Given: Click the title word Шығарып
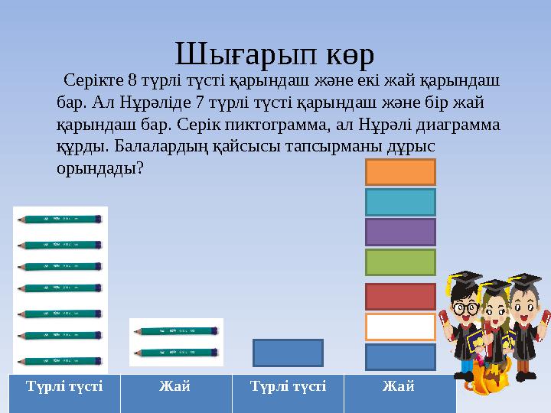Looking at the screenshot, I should [x=239, y=54].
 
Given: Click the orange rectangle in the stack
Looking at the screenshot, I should [x=400, y=172].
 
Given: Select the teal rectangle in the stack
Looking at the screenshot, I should [x=400, y=202].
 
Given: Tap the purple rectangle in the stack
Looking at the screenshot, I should [x=400, y=232].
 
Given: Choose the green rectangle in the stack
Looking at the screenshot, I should [x=400, y=262].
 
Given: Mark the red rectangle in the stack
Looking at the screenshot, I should [x=400, y=296].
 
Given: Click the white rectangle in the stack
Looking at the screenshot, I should [x=400, y=327].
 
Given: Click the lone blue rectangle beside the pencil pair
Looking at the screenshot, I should [x=288, y=353].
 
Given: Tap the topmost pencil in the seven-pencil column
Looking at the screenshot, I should [x=60, y=219].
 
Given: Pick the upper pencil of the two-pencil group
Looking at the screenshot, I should [x=177, y=332].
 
